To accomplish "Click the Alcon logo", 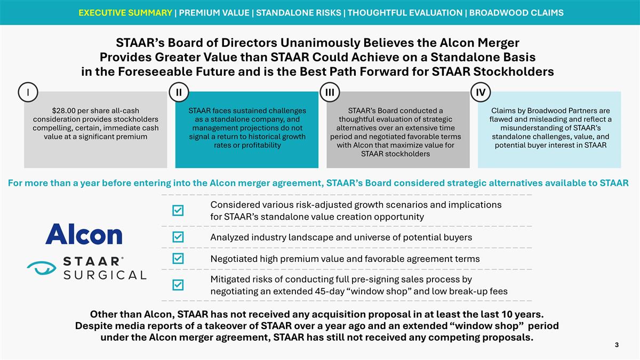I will pos(84,234).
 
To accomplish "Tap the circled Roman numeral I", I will pos(27,92).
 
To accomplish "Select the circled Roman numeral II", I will pos(178,92).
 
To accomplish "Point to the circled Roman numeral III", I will pos(329,92).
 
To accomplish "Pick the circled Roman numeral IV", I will pos(481,92).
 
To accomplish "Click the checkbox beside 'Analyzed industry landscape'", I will pos(179,236).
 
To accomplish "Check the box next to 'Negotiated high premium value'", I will pos(179,259).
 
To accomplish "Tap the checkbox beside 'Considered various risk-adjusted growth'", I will pos(179,211).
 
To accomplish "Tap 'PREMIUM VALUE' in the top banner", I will pos(215,12).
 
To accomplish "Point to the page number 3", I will pos(617,345).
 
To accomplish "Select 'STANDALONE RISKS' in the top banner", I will pos(300,12).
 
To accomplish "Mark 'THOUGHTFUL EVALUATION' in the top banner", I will pos(405,12).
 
